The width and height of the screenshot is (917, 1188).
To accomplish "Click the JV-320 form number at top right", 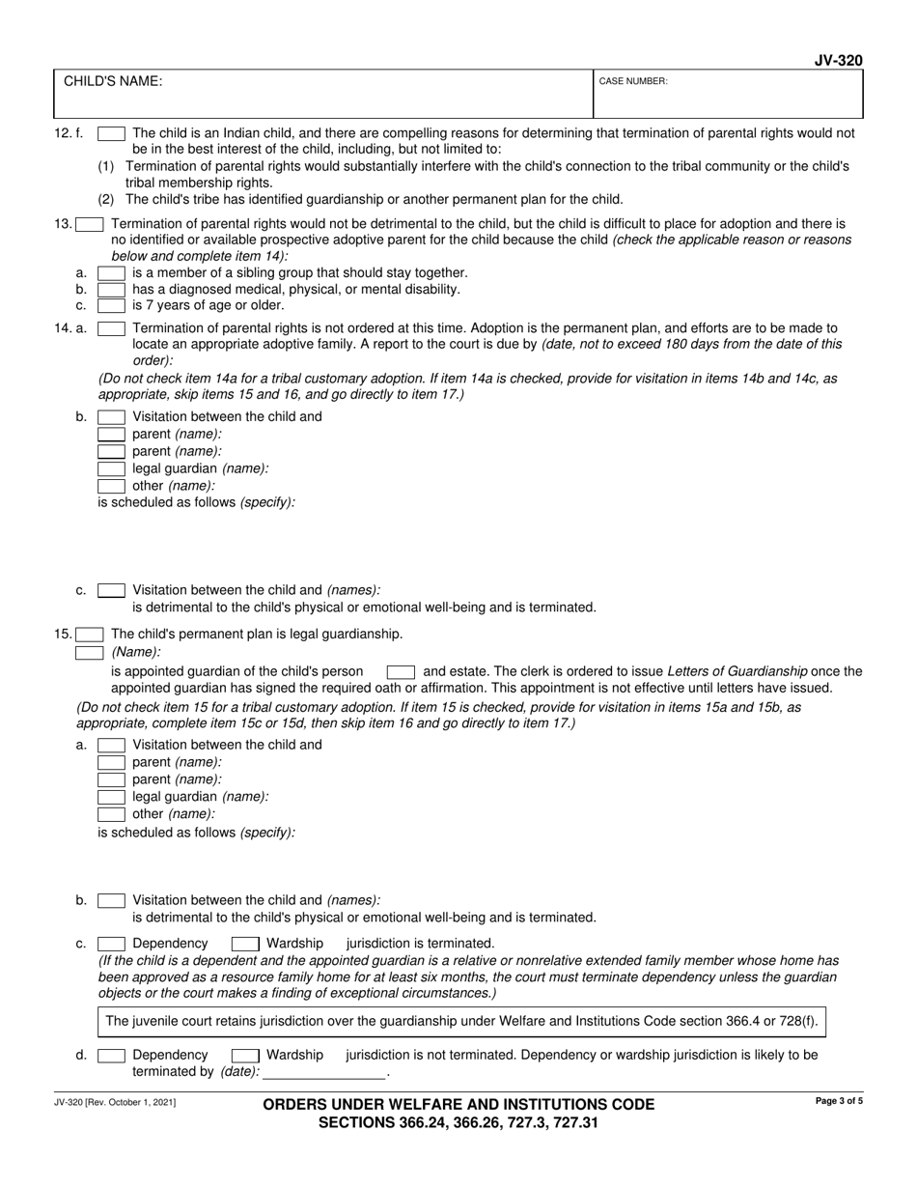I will point(838,61).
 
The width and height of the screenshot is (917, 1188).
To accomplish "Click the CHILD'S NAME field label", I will point(113,82).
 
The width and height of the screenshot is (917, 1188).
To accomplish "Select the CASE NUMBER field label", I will point(633,82).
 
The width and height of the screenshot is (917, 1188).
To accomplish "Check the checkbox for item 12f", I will point(111,134).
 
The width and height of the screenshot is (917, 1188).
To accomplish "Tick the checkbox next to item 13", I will point(91,225).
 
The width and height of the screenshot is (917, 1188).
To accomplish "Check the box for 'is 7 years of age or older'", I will point(111,305).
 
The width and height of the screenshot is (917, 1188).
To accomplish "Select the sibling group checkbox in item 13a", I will point(111,273).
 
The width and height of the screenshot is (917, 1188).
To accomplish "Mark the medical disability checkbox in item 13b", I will point(111,290).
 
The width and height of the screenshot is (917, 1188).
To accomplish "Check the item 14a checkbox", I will point(111,328).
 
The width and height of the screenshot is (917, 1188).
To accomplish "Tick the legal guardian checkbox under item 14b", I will point(111,468).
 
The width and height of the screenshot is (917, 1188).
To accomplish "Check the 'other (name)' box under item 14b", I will point(111,486).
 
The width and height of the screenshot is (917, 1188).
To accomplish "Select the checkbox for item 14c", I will point(111,590).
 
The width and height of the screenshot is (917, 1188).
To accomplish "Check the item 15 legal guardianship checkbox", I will point(91,635).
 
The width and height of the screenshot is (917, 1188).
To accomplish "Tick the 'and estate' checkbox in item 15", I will point(401,671).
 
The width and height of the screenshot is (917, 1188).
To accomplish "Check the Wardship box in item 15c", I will point(245,944).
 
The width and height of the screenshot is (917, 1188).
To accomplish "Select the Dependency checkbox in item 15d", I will point(111,1056).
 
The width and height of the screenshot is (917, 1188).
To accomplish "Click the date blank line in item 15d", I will point(323,1072).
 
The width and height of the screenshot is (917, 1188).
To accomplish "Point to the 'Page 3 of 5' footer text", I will point(839,1101).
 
